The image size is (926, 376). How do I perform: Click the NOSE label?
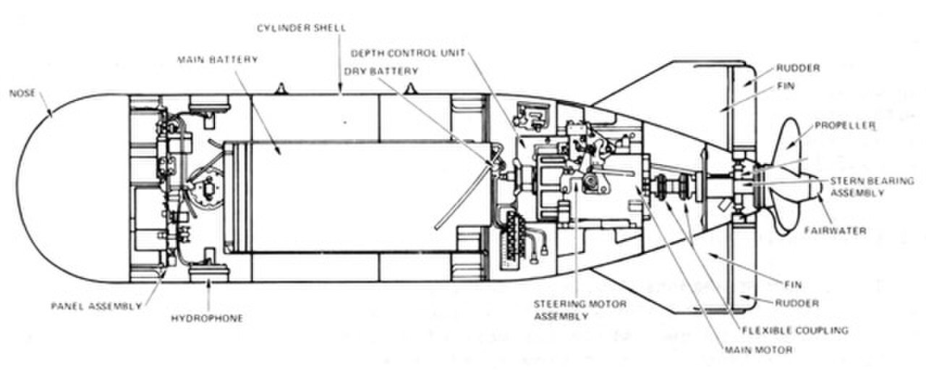pos(22,93)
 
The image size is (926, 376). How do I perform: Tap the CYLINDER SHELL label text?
pos(302,28)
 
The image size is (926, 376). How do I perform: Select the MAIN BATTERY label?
pos(218,59)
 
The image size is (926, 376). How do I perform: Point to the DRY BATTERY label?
pos(381,71)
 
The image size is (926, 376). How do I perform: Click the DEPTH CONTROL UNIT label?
pos(408,54)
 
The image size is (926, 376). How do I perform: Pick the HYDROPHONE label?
pos(207,318)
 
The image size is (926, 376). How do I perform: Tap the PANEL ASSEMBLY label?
pos(96,306)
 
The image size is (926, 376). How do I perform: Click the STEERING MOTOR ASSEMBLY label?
pos(580,310)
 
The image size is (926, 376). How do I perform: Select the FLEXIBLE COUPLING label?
pos(795,330)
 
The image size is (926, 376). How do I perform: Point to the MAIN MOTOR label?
pos(759,350)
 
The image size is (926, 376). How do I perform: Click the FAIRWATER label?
pos(836,231)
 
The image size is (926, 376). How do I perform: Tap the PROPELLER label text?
pos(845,126)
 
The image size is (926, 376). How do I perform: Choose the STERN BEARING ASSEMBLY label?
pos(872,187)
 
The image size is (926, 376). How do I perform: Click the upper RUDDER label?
pos(798,68)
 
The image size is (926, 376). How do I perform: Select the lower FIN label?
pos(794,285)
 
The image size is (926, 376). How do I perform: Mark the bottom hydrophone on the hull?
pos(209,273)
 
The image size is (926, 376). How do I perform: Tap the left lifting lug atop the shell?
pos(281,89)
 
